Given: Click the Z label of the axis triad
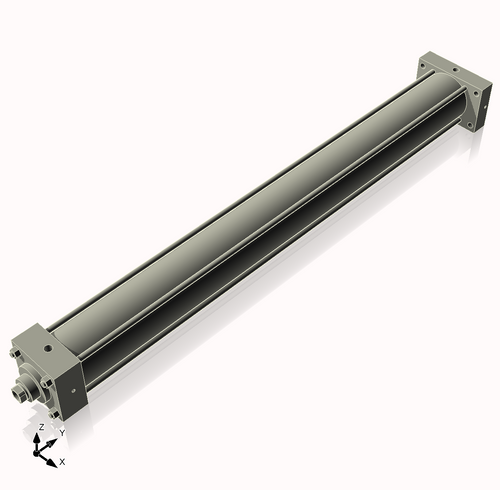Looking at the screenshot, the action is [x=41, y=427].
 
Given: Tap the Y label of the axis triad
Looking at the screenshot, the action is [x=62, y=433].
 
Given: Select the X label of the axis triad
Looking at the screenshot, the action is [x=62, y=462].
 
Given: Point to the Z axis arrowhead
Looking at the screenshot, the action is [x=37, y=438].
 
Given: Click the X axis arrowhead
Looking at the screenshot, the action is [x=52, y=463].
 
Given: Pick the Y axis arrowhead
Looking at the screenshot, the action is [x=52, y=443].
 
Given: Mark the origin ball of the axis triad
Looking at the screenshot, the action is [x=36, y=453].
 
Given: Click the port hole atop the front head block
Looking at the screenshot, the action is [x=49, y=349].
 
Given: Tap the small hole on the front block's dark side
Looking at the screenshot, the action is [x=74, y=391].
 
